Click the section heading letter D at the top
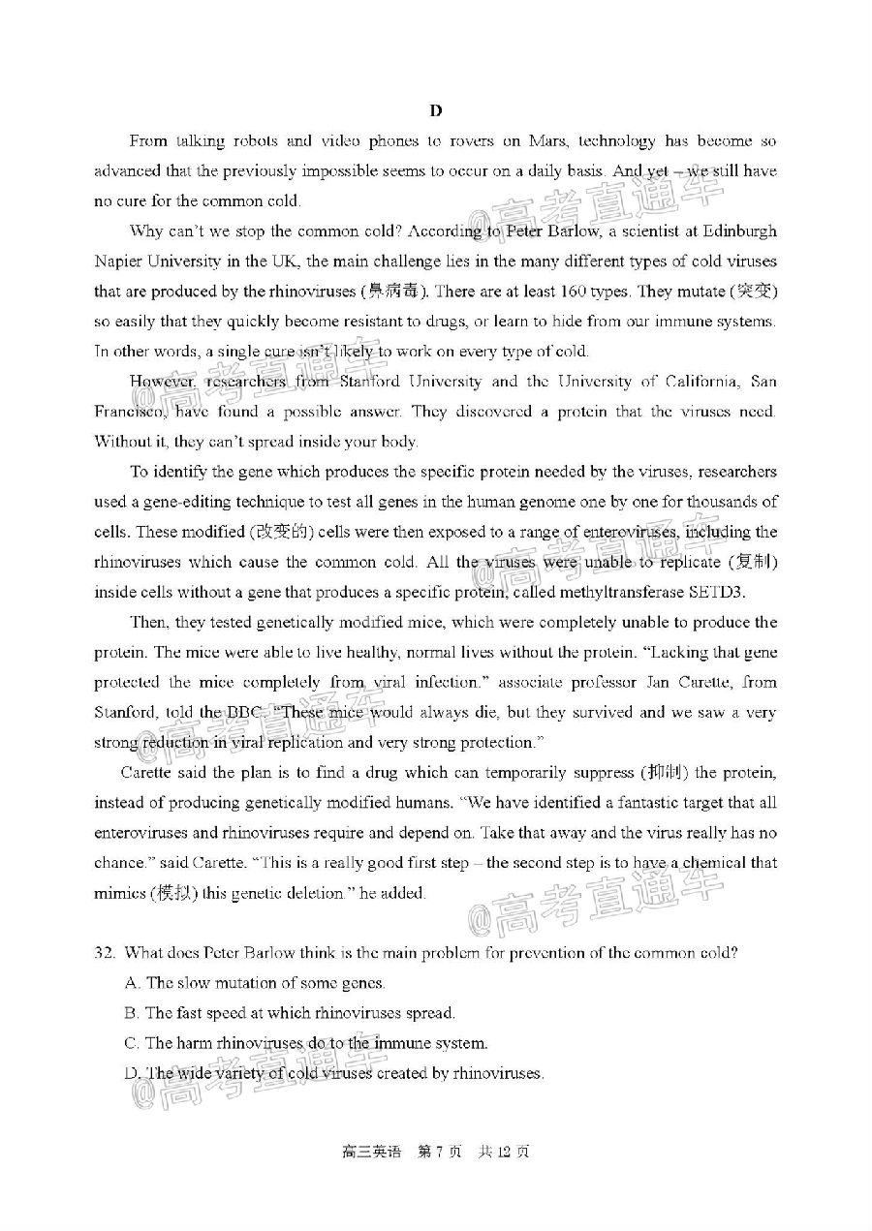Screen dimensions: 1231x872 pos(436,110)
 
